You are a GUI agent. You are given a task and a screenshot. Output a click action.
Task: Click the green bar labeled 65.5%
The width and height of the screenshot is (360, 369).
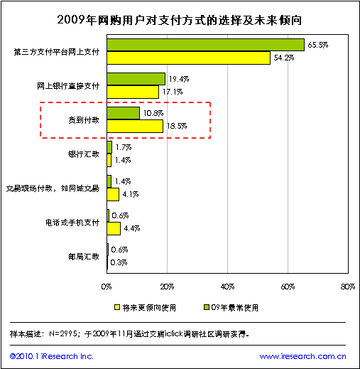click(205, 45)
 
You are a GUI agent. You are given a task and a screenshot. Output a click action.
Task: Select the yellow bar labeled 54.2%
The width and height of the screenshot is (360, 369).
click(188, 58)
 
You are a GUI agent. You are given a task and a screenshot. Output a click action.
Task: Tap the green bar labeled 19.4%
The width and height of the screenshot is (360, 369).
click(136, 79)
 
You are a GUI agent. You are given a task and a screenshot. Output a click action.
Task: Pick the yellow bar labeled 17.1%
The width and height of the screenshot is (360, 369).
click(133, 92)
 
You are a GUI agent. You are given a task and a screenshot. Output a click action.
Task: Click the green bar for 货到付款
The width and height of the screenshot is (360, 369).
click(123, 113)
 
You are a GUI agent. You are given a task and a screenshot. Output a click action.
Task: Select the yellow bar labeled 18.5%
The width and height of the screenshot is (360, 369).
click(135, 126)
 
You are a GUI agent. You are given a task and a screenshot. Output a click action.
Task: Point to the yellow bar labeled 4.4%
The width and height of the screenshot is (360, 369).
click(114, 228)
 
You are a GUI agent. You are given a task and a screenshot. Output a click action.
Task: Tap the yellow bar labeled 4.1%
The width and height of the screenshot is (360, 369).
click(113, 194)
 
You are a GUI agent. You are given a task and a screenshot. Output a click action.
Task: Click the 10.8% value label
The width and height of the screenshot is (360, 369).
click(153, 113)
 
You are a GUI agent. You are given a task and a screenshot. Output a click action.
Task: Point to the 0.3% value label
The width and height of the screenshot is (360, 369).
click(119, 262)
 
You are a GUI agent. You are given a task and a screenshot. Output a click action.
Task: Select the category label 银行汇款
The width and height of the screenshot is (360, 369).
click(84, 154)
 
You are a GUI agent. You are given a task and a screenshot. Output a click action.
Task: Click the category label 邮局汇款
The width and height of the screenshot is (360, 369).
click(84, 257)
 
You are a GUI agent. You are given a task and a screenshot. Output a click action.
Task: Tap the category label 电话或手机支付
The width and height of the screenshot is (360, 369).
click(72, 223)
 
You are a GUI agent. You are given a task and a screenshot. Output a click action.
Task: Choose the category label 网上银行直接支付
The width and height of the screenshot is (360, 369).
click(68, 86)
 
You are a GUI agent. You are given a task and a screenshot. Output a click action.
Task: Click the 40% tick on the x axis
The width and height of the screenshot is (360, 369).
click(227, 287)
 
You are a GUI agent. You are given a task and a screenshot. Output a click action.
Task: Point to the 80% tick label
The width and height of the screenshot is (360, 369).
click(348, 287)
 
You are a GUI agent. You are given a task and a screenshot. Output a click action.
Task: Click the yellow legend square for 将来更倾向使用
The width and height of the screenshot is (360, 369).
click(117, 307)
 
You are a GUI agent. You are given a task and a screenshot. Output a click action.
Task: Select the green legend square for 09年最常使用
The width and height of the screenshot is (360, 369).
click(207, 307)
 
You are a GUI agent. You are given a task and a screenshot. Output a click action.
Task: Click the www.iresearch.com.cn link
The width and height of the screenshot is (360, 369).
click(303, 356)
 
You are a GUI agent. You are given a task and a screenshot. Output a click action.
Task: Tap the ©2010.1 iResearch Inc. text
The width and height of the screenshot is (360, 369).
click(52, 356)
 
